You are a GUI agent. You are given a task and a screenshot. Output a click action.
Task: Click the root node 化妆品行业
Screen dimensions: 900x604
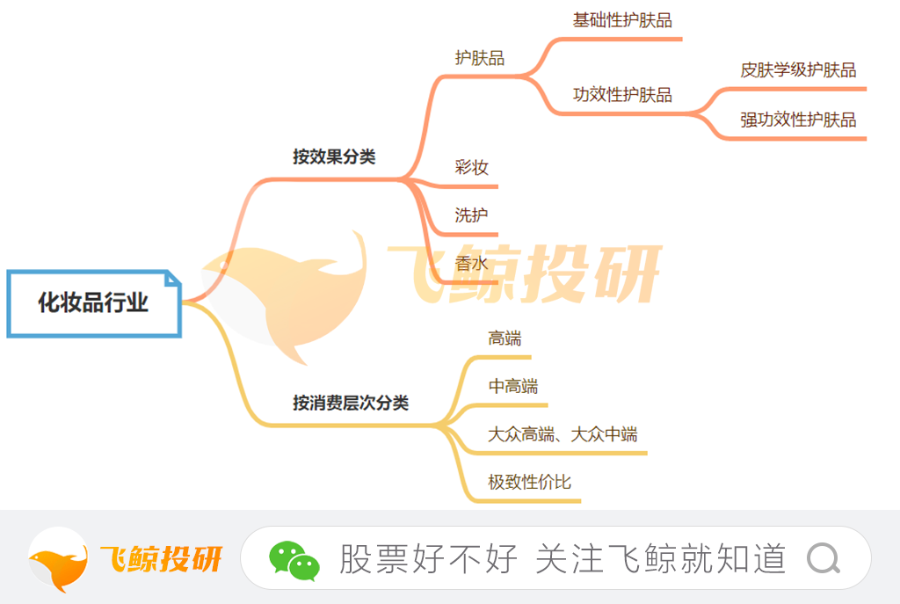click(94, 303)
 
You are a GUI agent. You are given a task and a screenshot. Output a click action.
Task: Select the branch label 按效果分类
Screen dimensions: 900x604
click(334, 156)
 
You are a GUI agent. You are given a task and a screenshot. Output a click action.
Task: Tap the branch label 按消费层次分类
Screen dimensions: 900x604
click(351, 403)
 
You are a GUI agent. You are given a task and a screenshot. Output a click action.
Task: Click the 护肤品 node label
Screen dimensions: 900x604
click(479, 57)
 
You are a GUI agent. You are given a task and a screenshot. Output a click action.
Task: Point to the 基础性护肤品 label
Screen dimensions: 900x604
click(622, 20)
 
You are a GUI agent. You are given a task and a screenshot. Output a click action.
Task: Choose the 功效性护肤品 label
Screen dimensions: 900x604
click(622, 94)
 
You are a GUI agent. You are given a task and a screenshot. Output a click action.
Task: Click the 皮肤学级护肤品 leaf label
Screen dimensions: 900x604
click(798, 69)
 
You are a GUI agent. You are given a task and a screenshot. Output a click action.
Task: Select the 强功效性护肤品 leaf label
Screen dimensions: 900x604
click(798, 120)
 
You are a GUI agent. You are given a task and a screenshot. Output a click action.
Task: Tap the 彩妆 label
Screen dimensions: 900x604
click(471, 167)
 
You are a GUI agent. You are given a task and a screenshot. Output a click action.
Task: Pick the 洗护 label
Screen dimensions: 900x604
click(471, 215)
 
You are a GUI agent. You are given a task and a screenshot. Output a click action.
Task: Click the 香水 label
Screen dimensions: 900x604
click(471, 263)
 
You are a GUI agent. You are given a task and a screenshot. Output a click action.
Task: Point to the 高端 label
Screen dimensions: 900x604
click(504, 338)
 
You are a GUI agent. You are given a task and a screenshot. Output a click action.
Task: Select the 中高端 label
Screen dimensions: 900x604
click(513, 386)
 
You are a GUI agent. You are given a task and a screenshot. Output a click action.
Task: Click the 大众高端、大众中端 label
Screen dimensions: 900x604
click(562, 433)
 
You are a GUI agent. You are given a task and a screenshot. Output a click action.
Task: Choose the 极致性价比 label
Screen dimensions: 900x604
click(529, 482)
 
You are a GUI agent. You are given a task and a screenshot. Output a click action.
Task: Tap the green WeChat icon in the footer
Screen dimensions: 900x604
click(294, 560)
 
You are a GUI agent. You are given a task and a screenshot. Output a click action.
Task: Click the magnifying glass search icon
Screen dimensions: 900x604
click(824, 558)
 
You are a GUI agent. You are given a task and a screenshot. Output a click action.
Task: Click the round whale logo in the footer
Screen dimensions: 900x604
click(58, 559)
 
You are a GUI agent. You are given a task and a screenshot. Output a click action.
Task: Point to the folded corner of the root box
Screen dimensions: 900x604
click(173, 279)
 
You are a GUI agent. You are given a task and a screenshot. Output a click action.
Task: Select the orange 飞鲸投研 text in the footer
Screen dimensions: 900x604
click(161, 558)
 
